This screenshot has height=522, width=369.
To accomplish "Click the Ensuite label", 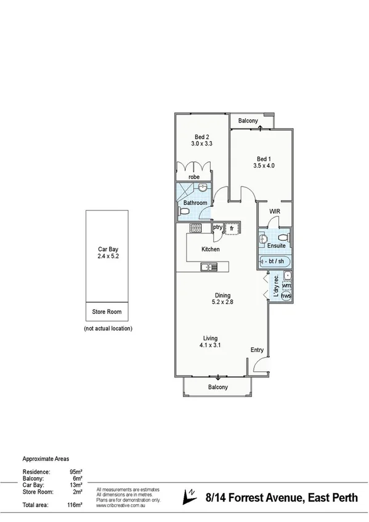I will [277, 246].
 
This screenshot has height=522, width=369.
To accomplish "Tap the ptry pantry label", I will [217, 227].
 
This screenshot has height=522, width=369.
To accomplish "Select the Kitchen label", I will [211, 249].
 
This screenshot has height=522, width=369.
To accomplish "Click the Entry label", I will [257, 350].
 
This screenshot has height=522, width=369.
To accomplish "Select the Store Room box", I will [107, 312].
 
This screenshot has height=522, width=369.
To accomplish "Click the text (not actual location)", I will [108, 329].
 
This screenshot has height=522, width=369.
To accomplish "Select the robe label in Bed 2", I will [195, 177].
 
